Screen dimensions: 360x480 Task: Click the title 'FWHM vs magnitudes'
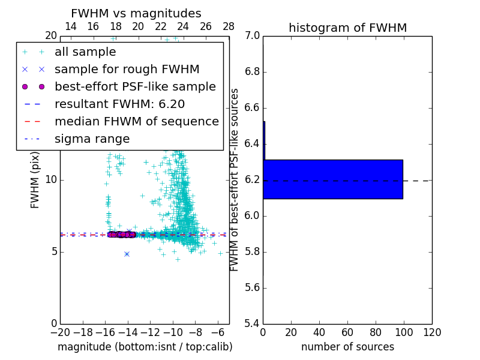tap(136, 13)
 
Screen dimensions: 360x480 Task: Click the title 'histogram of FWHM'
tap(347, 28)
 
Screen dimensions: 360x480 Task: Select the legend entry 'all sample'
tap(85, 52)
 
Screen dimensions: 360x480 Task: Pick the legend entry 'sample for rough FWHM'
tap(127, 69)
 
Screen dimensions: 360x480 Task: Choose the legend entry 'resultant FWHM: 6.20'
tap(119, 104)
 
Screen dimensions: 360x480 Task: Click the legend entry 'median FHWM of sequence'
tap(136, 121)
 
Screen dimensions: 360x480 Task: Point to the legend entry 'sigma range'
tap(92, 139)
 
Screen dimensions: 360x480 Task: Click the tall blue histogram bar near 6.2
tap(333, 179)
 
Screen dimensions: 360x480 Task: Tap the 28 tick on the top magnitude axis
tap(229, 26)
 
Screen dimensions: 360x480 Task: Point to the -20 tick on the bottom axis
tap(60, 332)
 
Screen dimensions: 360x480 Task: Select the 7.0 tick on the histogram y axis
tap(253, 36)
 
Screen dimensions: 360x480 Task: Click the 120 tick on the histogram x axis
tap(432, 332)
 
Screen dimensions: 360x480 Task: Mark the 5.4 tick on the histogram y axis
tap(253, 323)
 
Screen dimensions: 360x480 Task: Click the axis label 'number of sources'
tap(347, 347)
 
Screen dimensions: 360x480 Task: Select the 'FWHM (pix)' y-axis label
tap(35, 179)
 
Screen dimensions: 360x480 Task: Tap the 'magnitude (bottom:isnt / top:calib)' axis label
tap(145, 347)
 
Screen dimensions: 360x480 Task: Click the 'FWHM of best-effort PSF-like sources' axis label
tap(235, 179)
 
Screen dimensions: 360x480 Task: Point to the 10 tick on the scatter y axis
tap(51, 179)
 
